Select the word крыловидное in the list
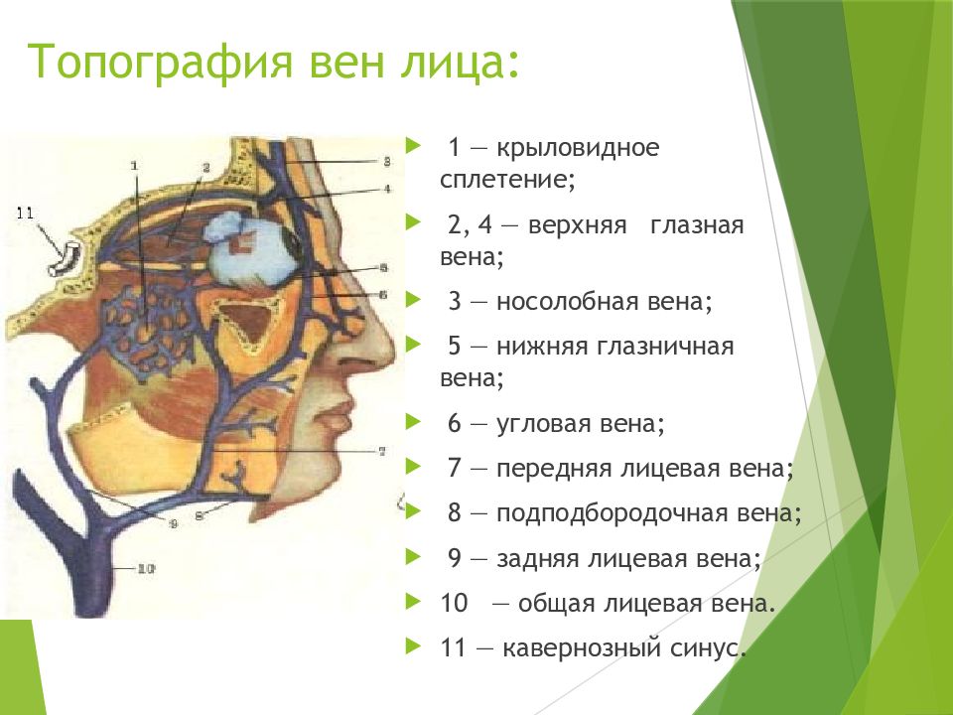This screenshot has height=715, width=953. [x=578, y=149]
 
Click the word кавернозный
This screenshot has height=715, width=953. [x=584, y=648]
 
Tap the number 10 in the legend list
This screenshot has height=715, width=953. [x=454, y=604]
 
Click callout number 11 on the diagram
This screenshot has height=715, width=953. [x=25, y=214]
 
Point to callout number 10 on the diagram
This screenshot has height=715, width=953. [x=146, y=568]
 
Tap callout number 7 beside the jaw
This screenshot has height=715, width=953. [x=382, y=451]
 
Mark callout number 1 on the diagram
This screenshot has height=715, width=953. [x=134, y=165]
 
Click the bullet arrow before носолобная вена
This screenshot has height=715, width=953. [x=413, y=299]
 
